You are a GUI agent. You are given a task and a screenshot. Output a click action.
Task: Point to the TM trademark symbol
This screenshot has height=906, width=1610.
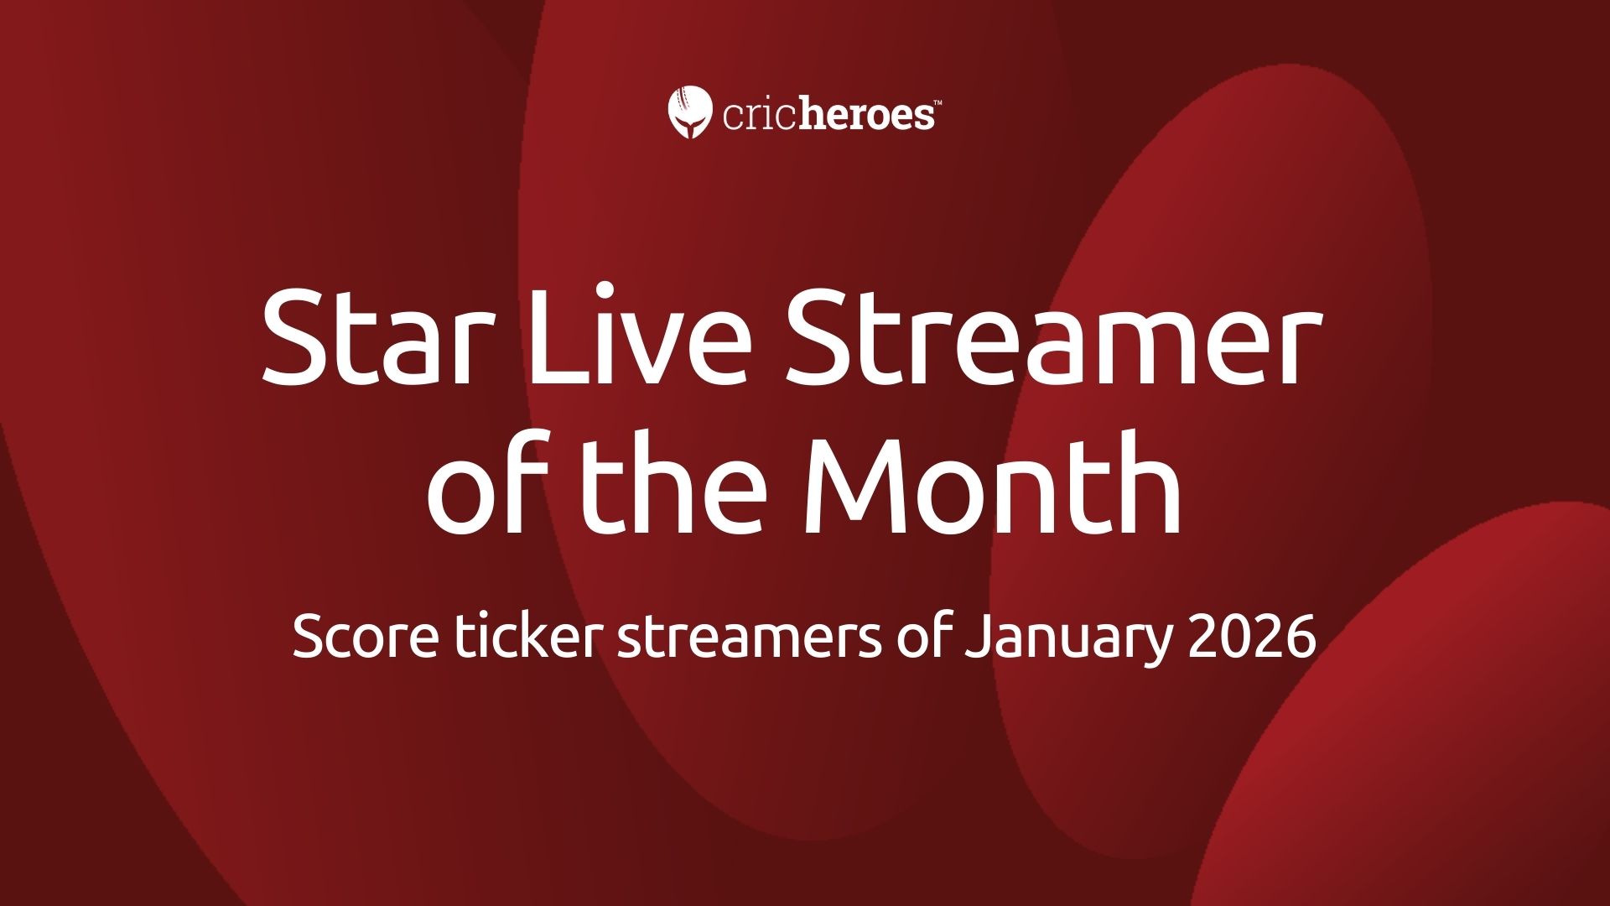937,102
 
